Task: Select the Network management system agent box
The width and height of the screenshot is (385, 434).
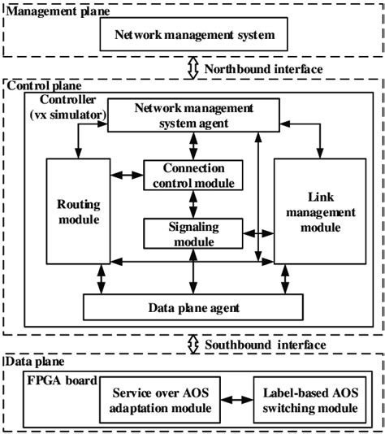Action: point(192,115)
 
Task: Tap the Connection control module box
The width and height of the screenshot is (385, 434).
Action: point(192,175)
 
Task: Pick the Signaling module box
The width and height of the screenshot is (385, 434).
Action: point(192,233)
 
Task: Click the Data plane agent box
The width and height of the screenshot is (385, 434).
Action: point(192,307)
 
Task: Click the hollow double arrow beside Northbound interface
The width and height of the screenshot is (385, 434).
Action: point(192,69)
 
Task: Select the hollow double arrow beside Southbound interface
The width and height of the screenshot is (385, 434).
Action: point(192,345)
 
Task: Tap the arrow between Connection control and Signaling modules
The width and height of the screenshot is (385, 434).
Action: point(192,204)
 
